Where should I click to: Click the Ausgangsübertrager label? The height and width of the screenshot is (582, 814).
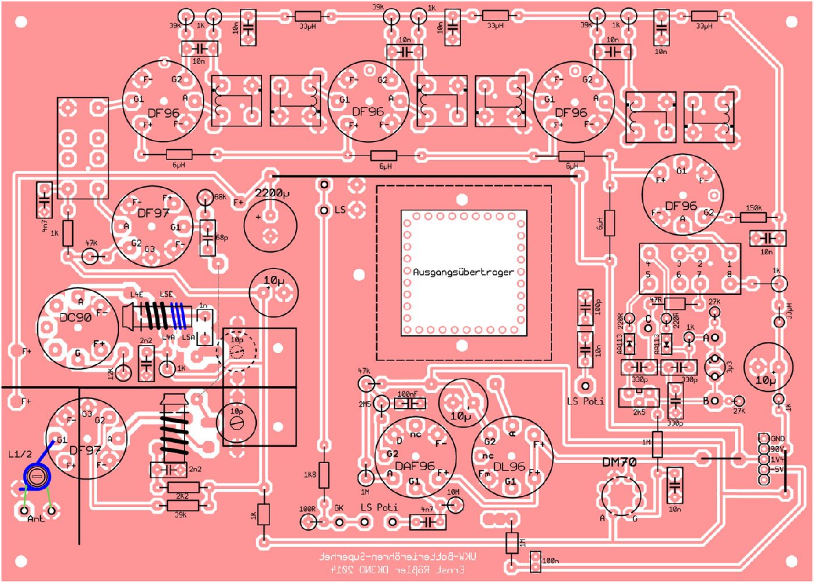click(463, 272)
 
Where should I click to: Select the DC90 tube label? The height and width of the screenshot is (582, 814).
click(76, 318)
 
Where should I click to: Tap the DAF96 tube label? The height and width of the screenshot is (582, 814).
click(415, 466)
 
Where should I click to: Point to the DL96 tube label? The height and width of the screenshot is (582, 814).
click(509, 467)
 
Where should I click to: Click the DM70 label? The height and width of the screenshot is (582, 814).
click(619, 462)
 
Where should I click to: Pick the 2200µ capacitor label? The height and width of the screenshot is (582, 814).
click(272, 193)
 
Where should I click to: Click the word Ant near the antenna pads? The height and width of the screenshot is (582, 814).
click(36, 518)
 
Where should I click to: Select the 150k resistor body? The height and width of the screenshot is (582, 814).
click(753, 218)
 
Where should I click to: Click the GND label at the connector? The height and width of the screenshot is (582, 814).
click(777, 439)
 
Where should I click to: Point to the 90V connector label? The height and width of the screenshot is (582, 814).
click(777, 449)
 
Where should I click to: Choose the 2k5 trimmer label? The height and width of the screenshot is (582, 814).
click(639, 412)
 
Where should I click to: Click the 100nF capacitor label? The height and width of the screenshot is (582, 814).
click(408, 394)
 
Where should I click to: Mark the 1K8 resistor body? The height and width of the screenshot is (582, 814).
click(324, 475)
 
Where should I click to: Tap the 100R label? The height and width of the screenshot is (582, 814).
click(307, 509)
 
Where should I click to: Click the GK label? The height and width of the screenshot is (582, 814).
click(339, 508)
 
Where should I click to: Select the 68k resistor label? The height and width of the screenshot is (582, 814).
click(220, 197)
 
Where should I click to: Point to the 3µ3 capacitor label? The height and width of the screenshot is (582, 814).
click(729, 367)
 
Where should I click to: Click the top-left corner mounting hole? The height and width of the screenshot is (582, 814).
click(21, 22)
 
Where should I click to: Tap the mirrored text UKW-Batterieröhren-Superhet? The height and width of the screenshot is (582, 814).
click(398, 556)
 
